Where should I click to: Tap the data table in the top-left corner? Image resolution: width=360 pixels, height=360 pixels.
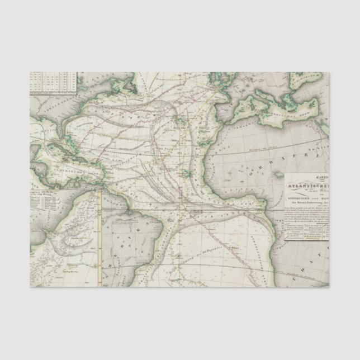[x=53, y=82]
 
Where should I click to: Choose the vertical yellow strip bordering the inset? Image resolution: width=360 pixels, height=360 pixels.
[x=99, y=235]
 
